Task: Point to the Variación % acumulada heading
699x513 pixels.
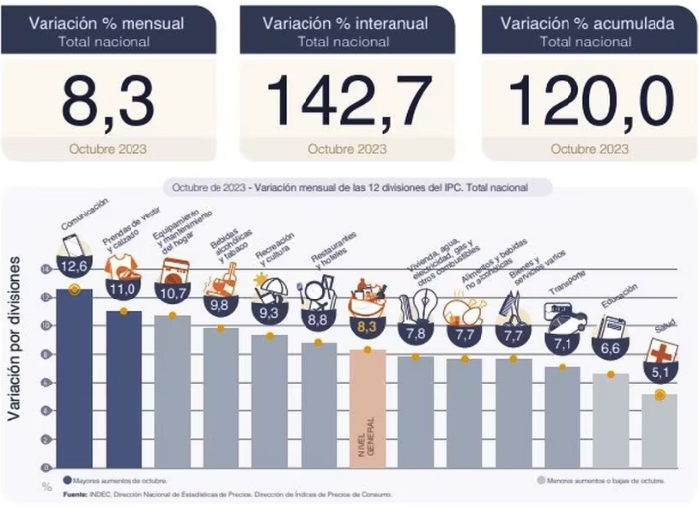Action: click(589, 22)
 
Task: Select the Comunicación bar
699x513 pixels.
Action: click(74, 376)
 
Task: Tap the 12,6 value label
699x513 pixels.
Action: click(74, 265)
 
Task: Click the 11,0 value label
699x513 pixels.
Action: click(123, 289)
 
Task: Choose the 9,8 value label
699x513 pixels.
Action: click(219, 305)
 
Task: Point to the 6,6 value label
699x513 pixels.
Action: click(610, 350)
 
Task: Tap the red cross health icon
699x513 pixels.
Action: click(658, 351)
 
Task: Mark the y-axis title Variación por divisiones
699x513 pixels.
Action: click(17, 336)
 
